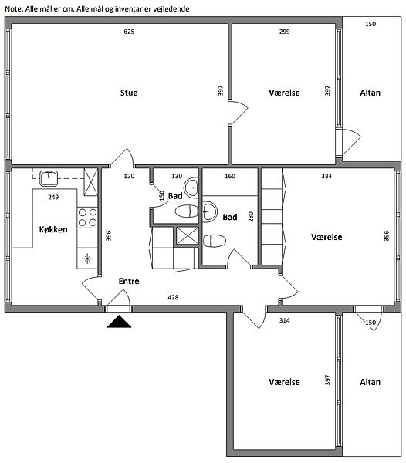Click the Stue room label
click(129, 93)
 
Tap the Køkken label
click(53, 229)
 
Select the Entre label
click(129, 281)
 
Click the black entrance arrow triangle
click(119, 322)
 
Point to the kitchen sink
click(49, 178)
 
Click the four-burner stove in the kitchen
click(87, 218)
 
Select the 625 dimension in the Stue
click(129, 32)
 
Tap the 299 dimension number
click(284, 32)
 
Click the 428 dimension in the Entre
click(173, 297)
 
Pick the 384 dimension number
click(326, 176)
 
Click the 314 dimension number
click(284, 320)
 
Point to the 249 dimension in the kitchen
click(53, 197)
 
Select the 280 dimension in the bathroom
click(251, 217)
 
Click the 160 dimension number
click(230, 176)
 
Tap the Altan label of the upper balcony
click(370, 93)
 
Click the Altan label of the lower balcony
click(370, 382)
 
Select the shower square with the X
click(188, 235)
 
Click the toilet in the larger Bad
click(215, 241)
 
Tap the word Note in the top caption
click(14, 8)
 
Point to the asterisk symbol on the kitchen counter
click(87, 259)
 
